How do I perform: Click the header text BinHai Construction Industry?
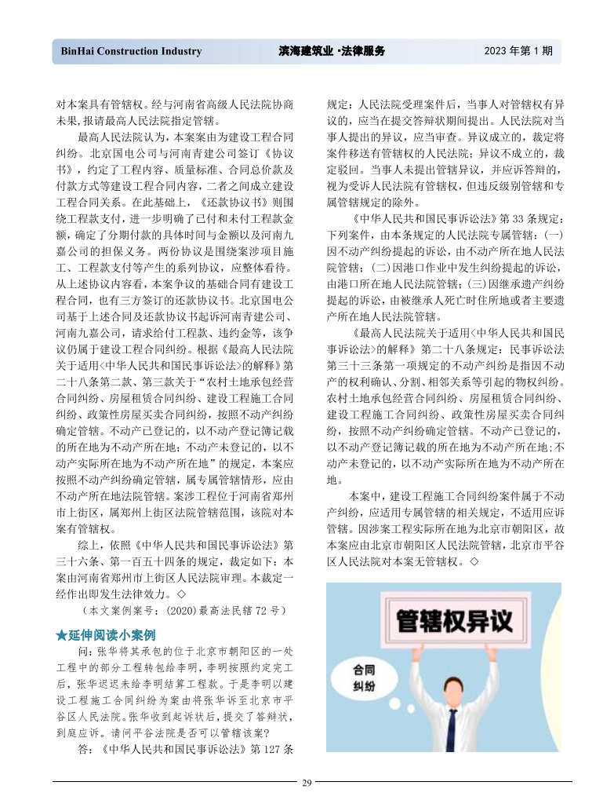[x=131, y=52]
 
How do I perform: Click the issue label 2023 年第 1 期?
[x=518, y=52]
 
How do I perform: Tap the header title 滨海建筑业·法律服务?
[x=332, y=52]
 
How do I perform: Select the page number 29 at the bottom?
[x=307, y=782]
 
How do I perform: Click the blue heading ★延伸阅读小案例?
[x=106, y=634]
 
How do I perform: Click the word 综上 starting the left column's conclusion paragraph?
[x=87, y=544]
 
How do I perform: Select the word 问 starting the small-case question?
[x=82, y=652]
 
